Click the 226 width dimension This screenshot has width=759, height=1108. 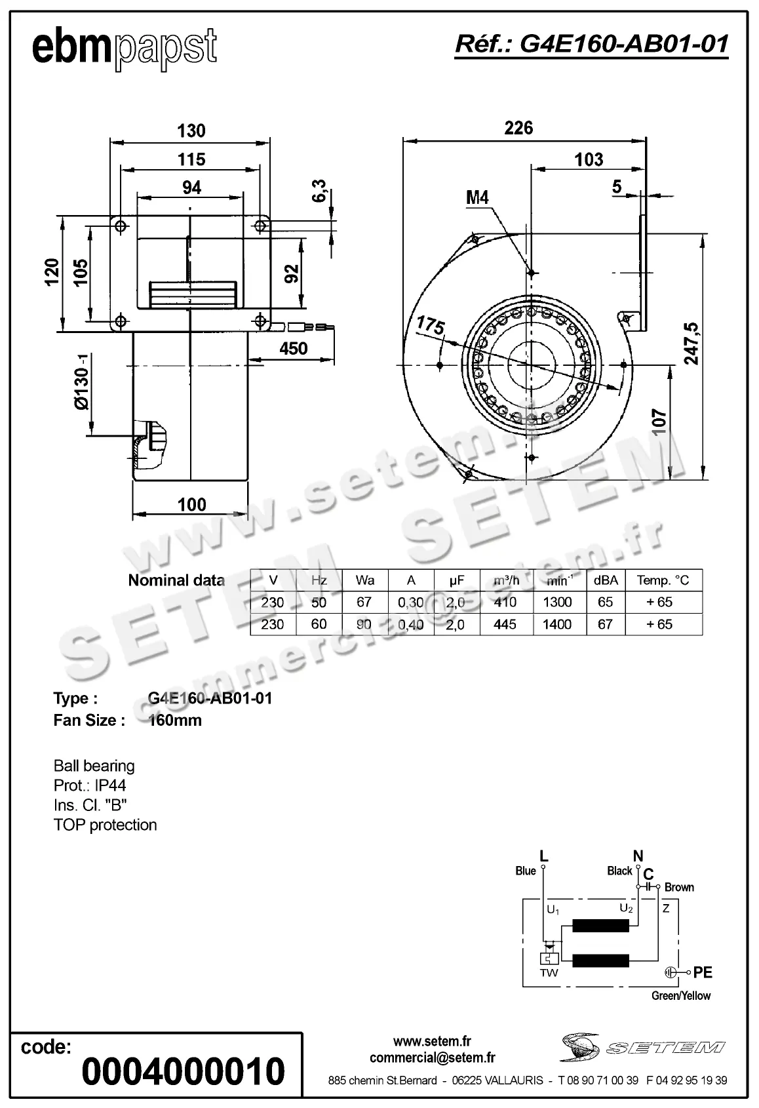pos(518,128)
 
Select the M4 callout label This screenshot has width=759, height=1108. pos(477,197)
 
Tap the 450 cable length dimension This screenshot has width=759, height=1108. pos(293,348)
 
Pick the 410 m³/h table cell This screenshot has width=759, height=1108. pos(505,602)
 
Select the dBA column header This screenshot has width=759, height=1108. pos(605,580)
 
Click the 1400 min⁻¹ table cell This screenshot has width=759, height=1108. pos(556,624)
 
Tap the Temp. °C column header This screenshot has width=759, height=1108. pos(663,580)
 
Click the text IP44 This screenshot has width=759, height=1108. pos(110,785)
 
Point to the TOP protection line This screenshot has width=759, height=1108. pos(105,825)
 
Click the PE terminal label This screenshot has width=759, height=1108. pos(703,973)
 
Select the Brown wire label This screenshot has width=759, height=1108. pos(679,887)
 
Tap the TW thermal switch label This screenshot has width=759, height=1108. pos(549,973)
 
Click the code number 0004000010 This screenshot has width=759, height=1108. pos(184,1071)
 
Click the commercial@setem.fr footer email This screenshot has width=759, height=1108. pos(432,1058)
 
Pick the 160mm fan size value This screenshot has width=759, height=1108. pos(175,721)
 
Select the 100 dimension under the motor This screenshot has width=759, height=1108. pos(191,504)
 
